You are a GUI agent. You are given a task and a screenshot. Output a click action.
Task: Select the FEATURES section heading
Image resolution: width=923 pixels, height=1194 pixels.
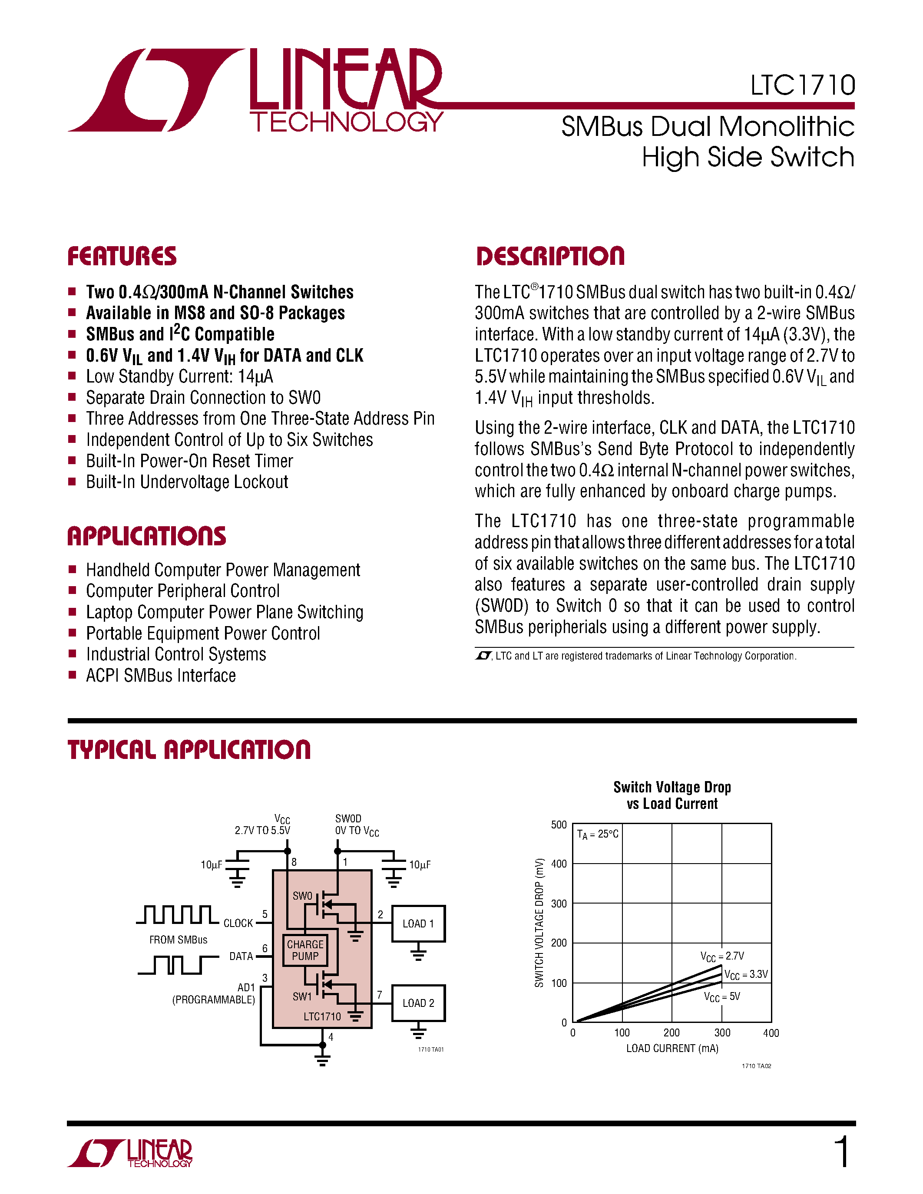[x=122, y=257]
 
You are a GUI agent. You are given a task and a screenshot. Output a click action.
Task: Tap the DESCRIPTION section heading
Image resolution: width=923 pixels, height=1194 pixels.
[x=550, y=257]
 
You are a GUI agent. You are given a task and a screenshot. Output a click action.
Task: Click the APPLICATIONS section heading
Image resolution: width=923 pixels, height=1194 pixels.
[x=146, y=536]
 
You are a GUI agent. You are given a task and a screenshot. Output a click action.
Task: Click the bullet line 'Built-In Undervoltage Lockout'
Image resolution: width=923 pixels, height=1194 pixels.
[x=187, y=482]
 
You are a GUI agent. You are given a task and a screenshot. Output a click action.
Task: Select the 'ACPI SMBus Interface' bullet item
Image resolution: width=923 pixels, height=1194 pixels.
[x=161, y=676]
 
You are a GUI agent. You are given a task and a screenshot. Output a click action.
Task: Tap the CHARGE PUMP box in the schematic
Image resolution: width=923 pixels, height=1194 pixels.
[x=305, y=950]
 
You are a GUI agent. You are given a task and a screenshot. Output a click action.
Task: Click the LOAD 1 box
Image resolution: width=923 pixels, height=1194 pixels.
[x=418, y=924]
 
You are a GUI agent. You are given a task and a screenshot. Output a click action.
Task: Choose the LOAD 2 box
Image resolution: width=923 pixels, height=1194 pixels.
[x=418, y=1003]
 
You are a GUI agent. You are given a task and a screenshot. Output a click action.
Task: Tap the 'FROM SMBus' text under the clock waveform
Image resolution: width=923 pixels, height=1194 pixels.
[x=178, y=940]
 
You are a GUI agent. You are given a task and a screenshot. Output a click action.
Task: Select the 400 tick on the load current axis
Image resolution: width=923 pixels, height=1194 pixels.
[x=771, y=1033]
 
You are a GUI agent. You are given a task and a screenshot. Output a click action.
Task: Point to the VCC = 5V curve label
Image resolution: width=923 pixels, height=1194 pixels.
[x=722, y=996]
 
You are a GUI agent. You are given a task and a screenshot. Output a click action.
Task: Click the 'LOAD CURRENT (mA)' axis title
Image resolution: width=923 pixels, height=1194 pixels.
[x=672, y=1048]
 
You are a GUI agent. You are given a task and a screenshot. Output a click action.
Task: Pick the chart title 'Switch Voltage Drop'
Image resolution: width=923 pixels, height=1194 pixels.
[x=672, y=787]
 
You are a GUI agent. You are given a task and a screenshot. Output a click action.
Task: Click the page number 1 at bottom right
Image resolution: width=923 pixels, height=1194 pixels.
[x=842, y=1152]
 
